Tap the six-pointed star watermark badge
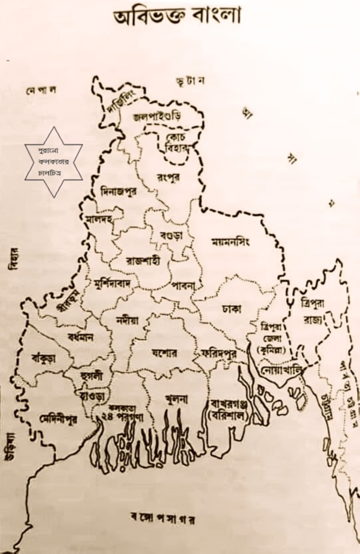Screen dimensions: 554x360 pos(54,162)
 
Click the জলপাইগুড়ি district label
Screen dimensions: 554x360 pos(157,116)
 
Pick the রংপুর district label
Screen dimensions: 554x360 pos(168,177)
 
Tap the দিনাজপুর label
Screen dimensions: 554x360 pos(122,190)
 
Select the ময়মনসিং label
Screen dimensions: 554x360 pos(231,242)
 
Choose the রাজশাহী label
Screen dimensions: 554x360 pos(142,260)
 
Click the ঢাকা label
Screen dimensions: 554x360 pos(231,308)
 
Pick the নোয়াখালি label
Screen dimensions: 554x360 pos(280,373)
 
